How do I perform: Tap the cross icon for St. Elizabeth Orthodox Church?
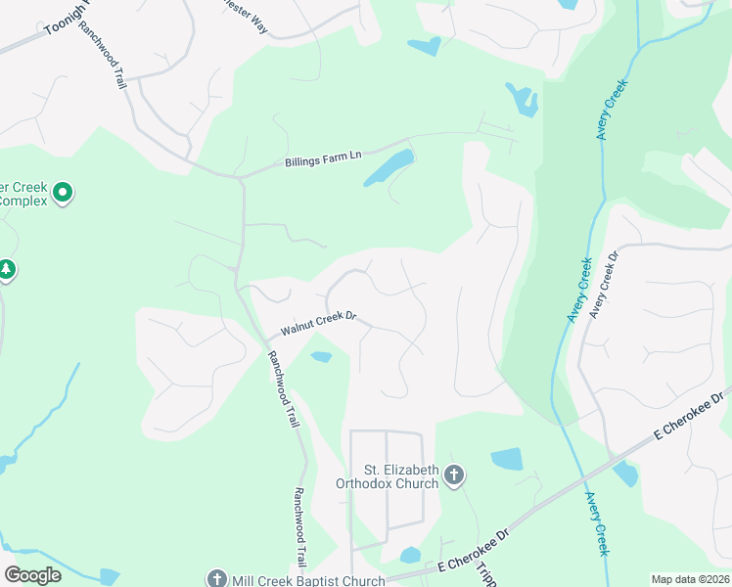coord(453,475)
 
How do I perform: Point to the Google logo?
coord(32,574)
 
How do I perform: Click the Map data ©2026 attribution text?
coord(690,579)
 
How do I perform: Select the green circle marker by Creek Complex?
coord(64,193)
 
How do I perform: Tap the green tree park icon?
coord(7,269)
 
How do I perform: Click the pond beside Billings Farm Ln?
coord(389,168)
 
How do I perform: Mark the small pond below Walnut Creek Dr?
coord(320,357)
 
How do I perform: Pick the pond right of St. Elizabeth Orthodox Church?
coord(507,459)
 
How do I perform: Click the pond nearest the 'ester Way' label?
coord(426,45)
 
